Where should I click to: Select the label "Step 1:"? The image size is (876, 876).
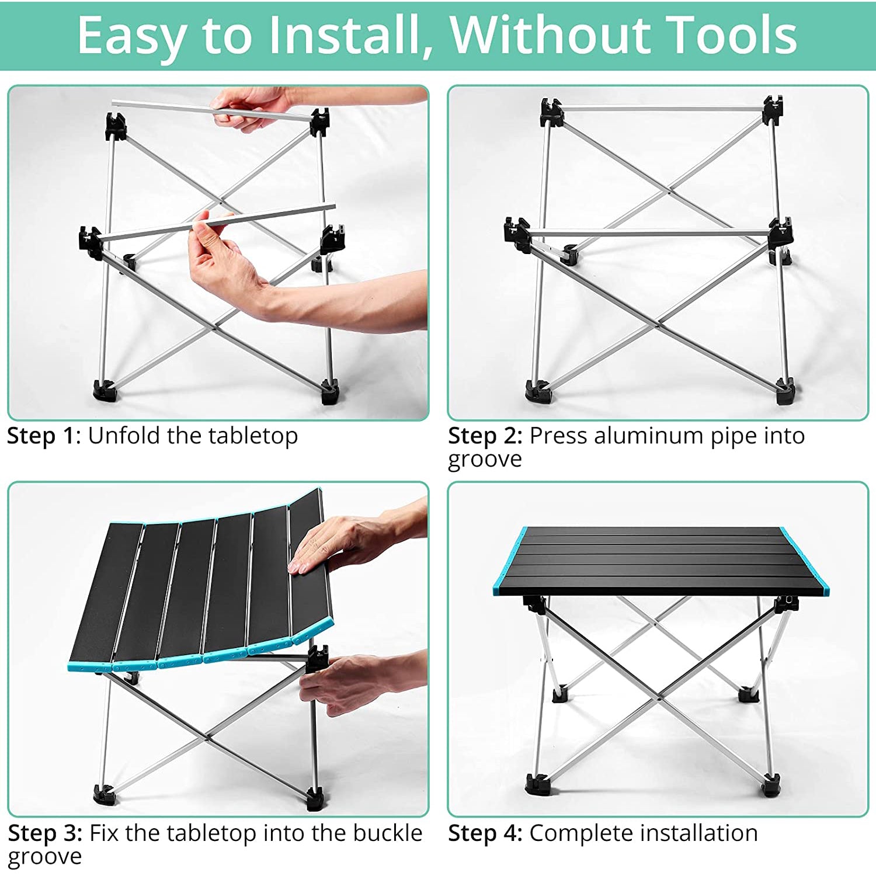click(44, 436)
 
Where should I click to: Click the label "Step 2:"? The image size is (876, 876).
click(485, 436)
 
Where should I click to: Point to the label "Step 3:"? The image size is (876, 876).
click(45, 833)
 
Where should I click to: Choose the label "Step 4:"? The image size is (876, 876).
click(485, 833)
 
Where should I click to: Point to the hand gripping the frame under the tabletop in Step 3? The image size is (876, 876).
click(350, 683)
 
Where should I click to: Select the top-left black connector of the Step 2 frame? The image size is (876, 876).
click(551, 112)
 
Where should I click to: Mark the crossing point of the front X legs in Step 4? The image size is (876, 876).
click(659, 698)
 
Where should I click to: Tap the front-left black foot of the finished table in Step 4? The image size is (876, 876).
click(538, 784)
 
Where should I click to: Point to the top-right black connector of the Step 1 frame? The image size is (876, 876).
click(319, 122)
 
